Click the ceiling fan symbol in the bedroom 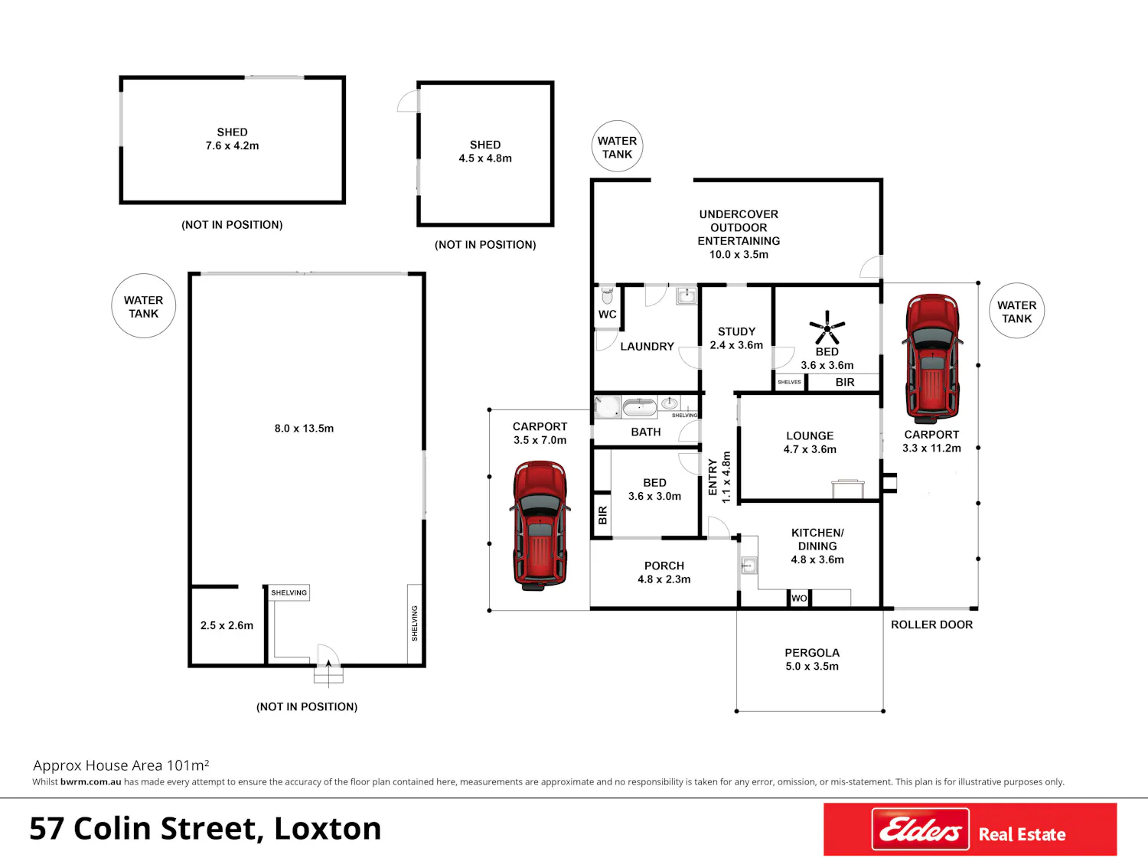tap(827, 328)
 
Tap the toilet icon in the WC tap(607, 296)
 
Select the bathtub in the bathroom tap(640, 407)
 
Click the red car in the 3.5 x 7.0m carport tap(540, 525)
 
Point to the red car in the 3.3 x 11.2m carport tap(932, 359)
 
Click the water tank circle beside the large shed tap(143, 306)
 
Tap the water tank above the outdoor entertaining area tap(617, 146)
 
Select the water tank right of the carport tap(1016, 311)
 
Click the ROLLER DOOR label tap(932, 625)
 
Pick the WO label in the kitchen tap(799, 598)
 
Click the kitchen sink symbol tap(749, 565)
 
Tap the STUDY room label tap(736, 332)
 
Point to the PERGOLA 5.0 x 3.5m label tap(812, 659)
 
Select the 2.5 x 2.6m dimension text tap(227, 625)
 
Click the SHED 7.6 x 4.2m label tap(232, 139)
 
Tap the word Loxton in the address tap(328, 829)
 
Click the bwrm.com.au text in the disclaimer tap(90, 782)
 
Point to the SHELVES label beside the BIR tap(789, 382)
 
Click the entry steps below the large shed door tap(328, 676)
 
